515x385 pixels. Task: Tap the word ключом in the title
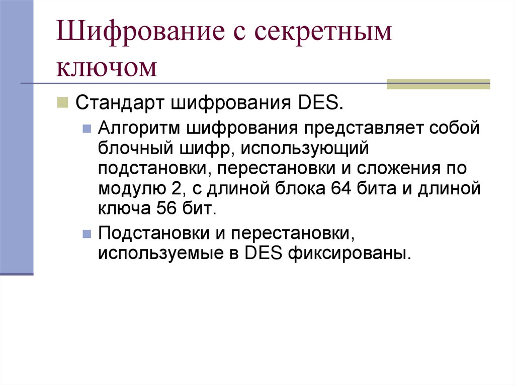107,67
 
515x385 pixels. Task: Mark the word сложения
398,169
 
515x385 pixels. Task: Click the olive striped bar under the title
438,84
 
